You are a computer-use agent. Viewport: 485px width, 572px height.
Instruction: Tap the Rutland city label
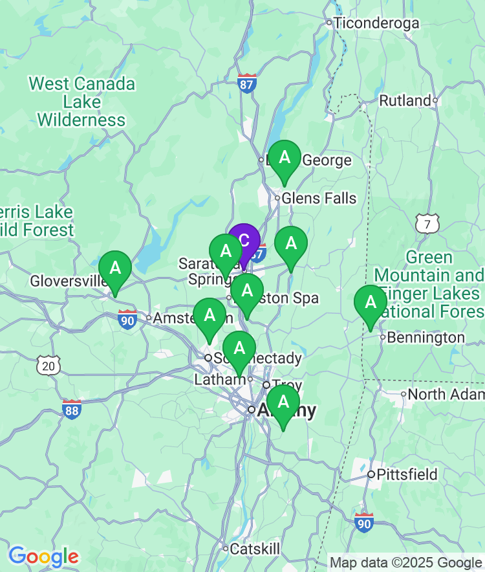coord(405,101)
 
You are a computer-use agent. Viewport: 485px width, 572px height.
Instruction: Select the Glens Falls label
coord(319,198)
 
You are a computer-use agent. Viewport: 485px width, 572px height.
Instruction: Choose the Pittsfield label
coord(407,475)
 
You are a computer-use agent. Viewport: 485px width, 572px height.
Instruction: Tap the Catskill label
coord(255,549)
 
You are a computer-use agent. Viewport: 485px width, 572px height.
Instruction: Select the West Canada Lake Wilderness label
coord(81,102)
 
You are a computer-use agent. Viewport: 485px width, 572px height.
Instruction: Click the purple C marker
coord(244,241)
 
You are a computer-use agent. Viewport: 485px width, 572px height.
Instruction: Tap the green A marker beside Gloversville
coord(115,268)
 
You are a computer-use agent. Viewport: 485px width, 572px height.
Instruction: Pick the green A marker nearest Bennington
coord(371,302)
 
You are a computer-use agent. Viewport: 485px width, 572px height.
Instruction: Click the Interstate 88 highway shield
coord(72,409)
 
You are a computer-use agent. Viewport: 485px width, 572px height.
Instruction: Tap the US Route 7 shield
coord(427,224)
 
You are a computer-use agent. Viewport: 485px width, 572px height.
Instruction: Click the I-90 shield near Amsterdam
coord(127,319)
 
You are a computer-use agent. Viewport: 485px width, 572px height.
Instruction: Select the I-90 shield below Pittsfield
coord(364,522)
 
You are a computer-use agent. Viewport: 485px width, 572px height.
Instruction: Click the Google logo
coord(43,556)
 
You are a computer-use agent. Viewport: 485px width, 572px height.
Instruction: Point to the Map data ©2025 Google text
coord(406,563)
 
